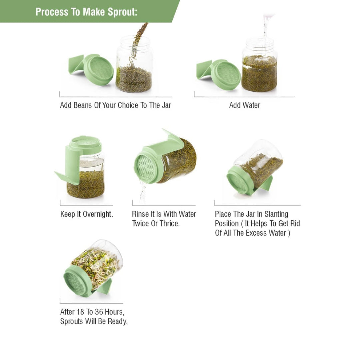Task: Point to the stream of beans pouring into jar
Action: (x=139, y=40)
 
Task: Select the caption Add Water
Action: (x=244, y=105)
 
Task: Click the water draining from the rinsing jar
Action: (x=143, y=190)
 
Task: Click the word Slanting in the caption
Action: (x=276, y=214)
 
